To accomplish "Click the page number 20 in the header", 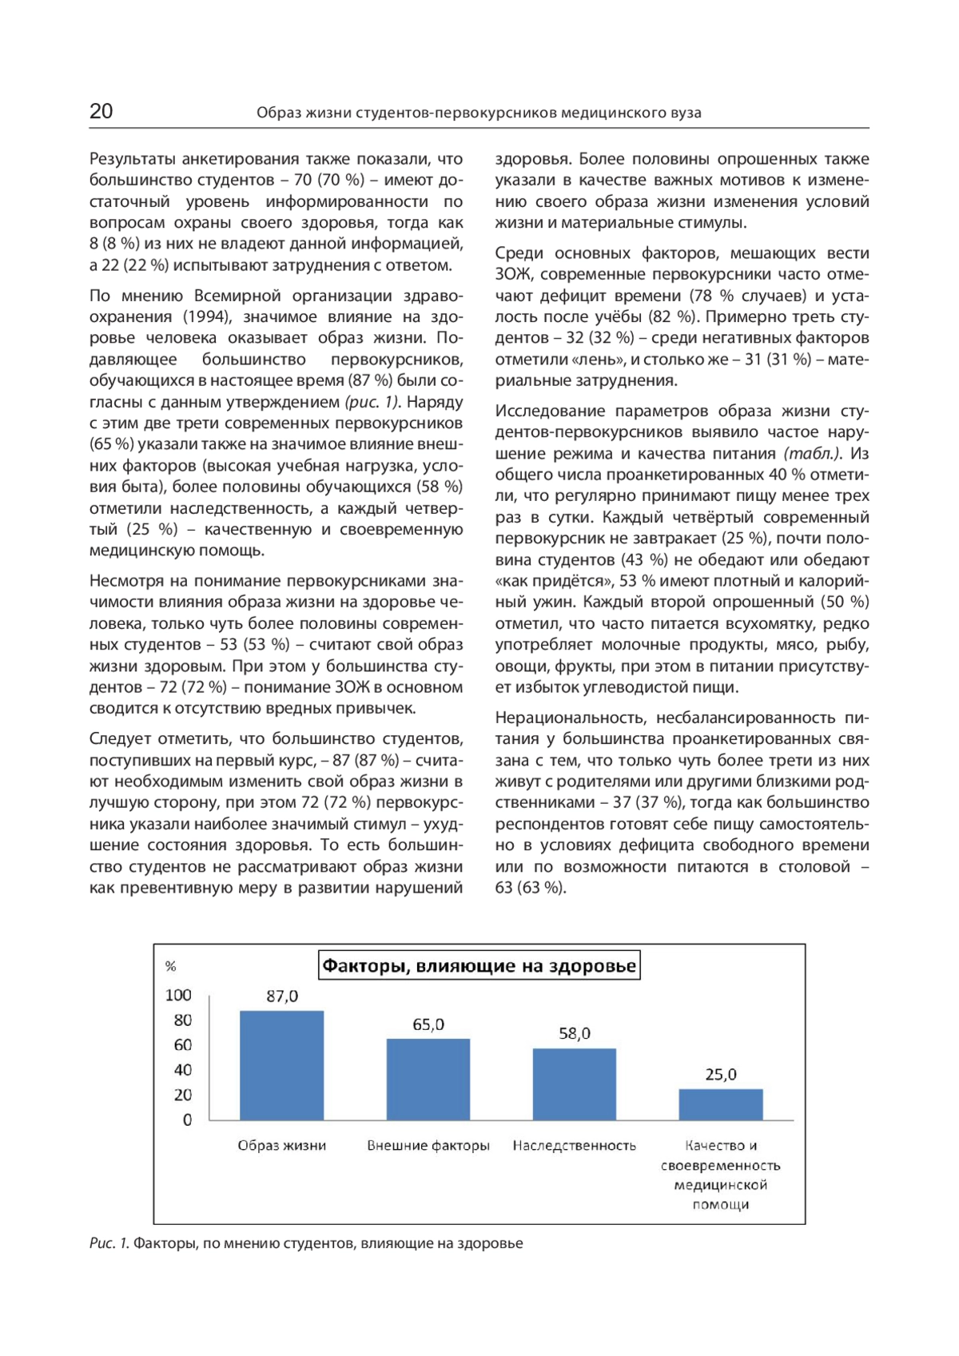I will coord(101,111).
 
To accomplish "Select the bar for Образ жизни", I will coord(281,1065).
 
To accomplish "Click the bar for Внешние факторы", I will coord(428,1080).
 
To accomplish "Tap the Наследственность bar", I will coord(574,1084).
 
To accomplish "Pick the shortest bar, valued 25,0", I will coord(721,1104).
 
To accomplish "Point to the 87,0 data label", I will coord(282,996).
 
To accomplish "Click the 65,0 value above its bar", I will coord(428,1024).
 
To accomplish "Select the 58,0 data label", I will coord(575,1034).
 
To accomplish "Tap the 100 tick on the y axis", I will coord(178,995).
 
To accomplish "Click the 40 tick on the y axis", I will coord(183,1070).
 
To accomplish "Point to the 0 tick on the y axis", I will coord(188,1120).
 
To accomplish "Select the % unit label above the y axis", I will coord(170,967).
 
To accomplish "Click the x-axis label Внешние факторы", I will coord(428,1146).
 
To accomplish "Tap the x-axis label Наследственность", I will coord(574,1146).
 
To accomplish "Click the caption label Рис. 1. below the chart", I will coord(109,1243).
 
